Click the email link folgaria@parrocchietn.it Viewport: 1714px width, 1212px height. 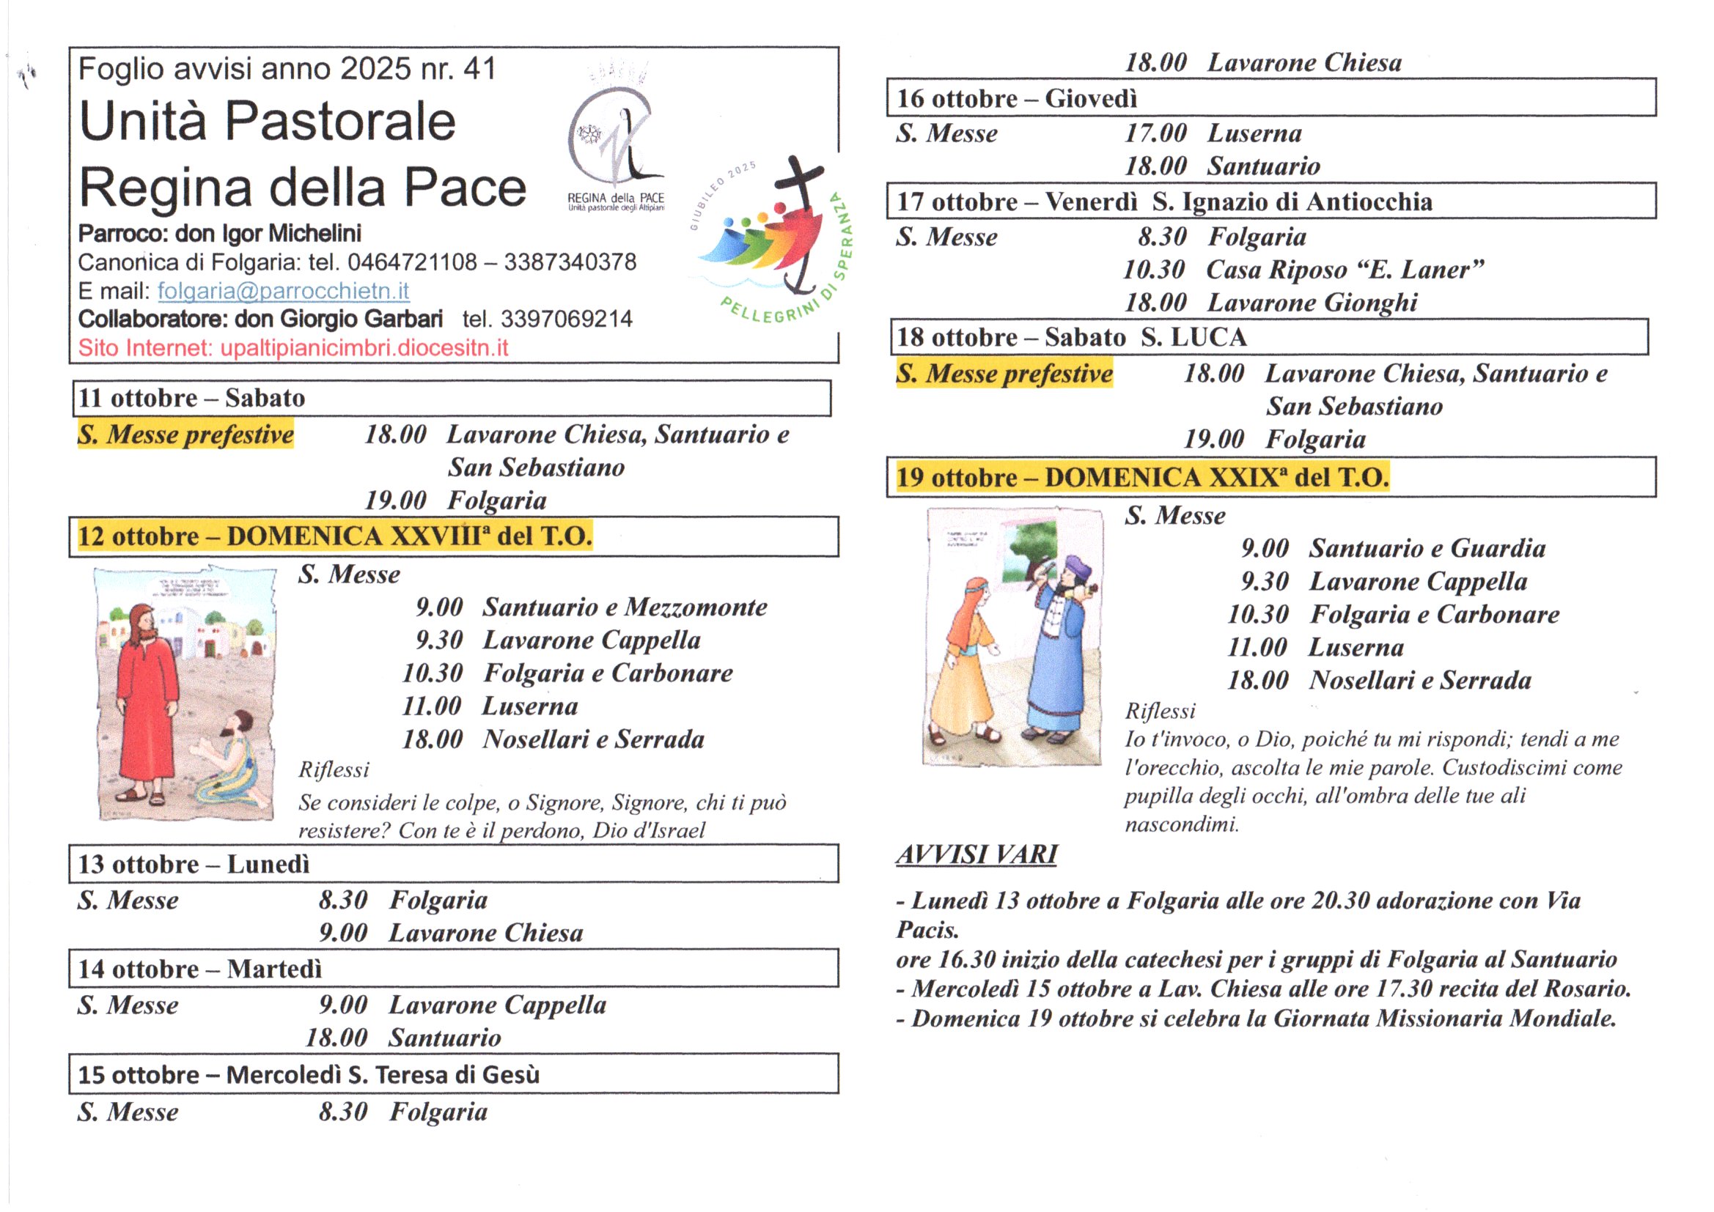[x=283, y=291]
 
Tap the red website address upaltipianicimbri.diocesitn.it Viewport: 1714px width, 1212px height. [x=364, y=349]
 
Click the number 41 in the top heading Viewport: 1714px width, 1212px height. [x=479, y=70]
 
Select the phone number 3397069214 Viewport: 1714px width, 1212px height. [x=566, y=319]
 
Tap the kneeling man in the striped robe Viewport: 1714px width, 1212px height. [x=228, y=761]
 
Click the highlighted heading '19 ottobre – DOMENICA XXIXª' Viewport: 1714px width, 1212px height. [x=1142, y=478]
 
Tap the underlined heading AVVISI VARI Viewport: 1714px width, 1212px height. [x=976, y=854]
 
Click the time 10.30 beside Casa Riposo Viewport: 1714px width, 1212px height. [x=1154, y=270]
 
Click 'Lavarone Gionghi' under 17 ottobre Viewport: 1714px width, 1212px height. [x=1312, y=303]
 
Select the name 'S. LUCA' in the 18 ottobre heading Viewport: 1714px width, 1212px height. [x=1193, y=337]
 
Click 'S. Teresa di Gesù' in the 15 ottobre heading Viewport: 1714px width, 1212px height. [x=444, y=1075]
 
